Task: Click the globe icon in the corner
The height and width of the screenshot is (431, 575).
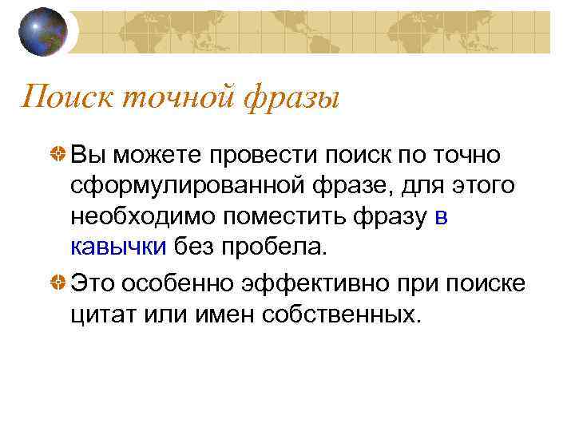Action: tap(44, 31)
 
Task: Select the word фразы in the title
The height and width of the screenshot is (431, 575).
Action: tap(292, 99)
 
